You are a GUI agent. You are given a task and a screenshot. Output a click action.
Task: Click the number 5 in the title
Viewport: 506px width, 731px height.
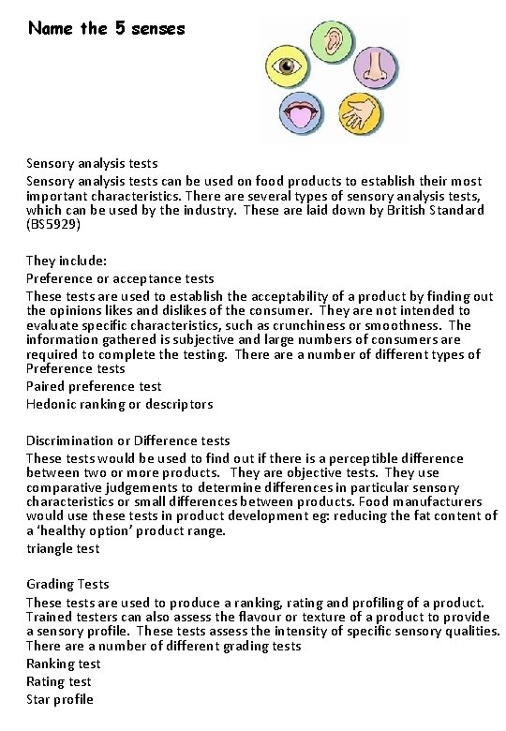120,28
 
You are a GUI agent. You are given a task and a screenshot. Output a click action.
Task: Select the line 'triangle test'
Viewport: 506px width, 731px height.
63,548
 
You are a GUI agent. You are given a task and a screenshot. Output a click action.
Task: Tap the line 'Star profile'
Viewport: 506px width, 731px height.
60,698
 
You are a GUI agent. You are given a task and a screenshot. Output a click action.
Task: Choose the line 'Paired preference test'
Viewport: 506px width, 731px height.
94,386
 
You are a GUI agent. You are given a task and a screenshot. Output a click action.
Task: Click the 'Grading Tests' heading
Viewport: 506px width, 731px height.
67,584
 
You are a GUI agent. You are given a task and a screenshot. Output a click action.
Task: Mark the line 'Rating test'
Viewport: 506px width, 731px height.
59,681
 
